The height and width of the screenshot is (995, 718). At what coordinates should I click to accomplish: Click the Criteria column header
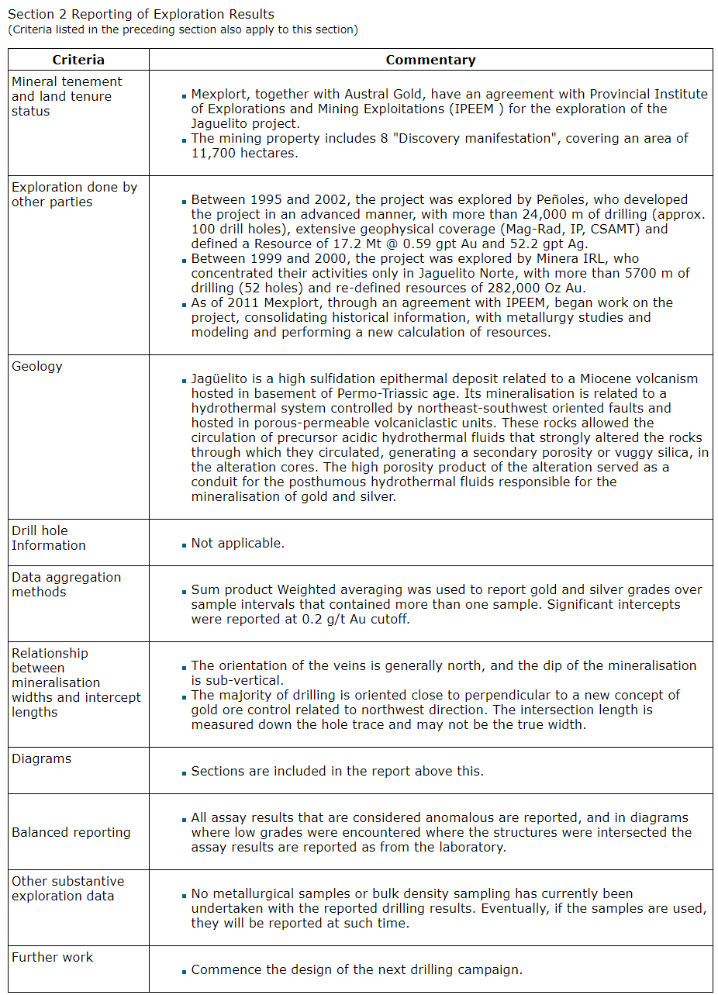click(78, 60)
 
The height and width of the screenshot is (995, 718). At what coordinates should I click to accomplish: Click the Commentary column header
click(430, 60)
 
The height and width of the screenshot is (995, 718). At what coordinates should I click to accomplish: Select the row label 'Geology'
click(37, 366)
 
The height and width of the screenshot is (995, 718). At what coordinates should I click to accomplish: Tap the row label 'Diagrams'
click(41, 758)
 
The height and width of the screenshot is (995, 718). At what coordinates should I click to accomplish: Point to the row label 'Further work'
click(52, 957)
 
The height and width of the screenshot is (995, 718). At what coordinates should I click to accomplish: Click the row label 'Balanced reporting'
click(71, 832)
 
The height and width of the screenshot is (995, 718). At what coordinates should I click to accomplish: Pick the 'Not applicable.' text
click(238, 543)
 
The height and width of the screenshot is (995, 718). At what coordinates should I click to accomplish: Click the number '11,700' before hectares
click(211, 153)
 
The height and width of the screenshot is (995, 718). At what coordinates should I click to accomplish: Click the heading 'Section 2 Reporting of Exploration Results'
click(140, 14)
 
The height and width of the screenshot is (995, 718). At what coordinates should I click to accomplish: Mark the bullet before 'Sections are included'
click(185, 772)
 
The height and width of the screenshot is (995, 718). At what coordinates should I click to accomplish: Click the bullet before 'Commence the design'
click(185, 971)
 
